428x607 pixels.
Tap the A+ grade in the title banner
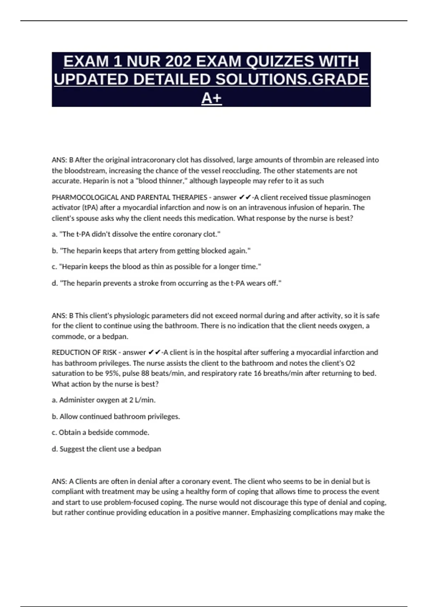click(x=212, y=98)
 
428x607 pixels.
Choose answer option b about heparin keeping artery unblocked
click(x=151, y=251)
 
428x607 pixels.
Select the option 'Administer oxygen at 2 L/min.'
click(x=104, y=400)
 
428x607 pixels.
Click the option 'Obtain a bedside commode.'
click(x=101, y=432)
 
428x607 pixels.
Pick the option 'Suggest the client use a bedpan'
click(x=106, y=449)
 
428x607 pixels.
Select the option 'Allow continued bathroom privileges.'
click(x=116, y=416)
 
